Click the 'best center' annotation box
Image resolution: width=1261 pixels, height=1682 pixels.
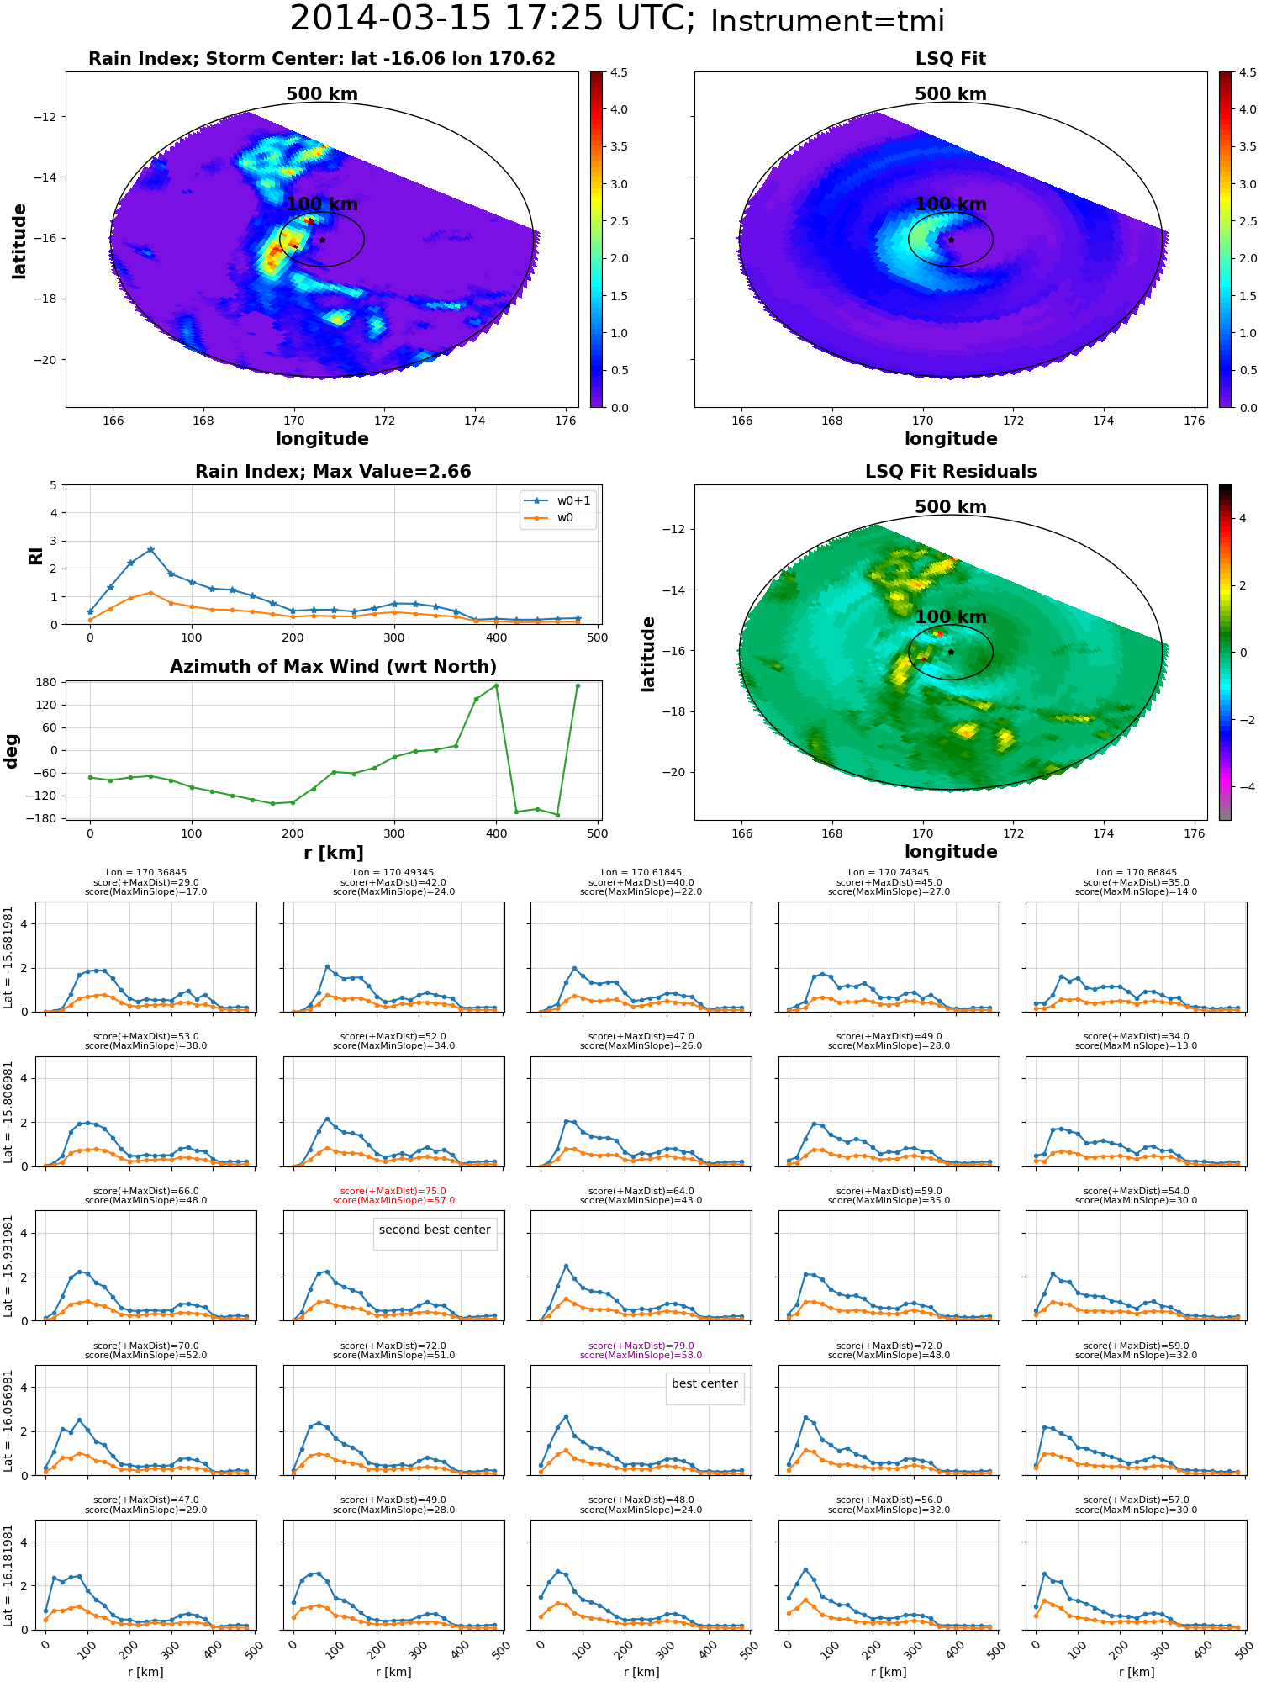(x=704, y=1383)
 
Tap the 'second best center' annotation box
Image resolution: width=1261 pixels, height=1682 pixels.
(x=435, y=1230)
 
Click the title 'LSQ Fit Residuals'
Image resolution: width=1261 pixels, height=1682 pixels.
(x=951, y=472)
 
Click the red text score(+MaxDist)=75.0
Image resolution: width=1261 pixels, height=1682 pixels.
(x=393, y=1191)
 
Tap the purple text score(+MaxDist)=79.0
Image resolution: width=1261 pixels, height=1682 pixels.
(x=641, y=1346)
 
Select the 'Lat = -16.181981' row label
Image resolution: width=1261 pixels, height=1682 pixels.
(x=8, y=1577)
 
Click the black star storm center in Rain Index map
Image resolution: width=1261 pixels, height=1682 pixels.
(x=322, y=240)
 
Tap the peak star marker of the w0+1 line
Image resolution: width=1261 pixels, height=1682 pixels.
(x=150, y=549)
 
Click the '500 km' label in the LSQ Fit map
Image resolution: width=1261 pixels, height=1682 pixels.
(x=951, y=94)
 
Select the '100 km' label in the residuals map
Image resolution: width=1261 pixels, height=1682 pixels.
(x=951, y=617)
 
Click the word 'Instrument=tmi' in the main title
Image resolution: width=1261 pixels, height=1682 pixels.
(x=827, y=21)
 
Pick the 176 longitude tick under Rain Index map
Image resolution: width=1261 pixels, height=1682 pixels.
(x=566, y=420)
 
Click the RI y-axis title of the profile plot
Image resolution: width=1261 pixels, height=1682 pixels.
(x=36, y=556)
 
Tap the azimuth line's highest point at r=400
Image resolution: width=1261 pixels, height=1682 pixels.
(x=496, y=685)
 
